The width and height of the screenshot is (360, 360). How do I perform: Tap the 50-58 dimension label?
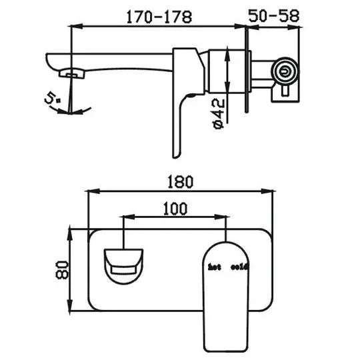point(275,17)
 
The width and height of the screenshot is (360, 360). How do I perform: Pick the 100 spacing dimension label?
point(175,208)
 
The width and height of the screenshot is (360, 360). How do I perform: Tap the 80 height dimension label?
point(63,269)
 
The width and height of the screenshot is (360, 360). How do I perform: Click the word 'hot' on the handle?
point(214,267)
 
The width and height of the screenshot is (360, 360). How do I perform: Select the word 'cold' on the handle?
point(239,267)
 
